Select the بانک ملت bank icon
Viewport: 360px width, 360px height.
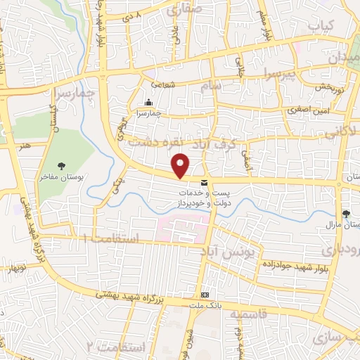205,295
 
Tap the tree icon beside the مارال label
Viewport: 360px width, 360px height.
345,214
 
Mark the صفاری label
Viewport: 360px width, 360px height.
185,10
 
